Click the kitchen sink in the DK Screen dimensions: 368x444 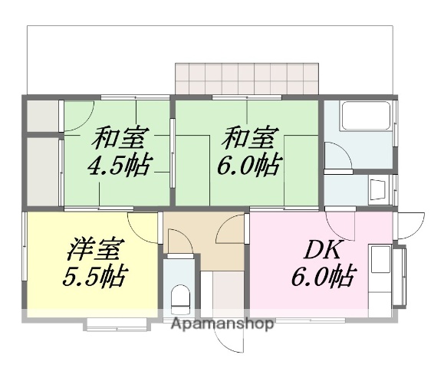[x=382, y=261]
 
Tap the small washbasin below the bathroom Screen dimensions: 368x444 [x=377, y=188]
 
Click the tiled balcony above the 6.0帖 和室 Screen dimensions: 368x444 [x=246, y=77]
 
